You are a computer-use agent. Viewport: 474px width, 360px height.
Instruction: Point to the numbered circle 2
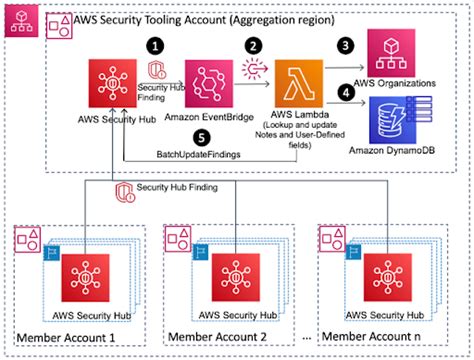click(x=254, y=45)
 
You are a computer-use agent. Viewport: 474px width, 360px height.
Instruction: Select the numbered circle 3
click(x=347, y=45)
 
